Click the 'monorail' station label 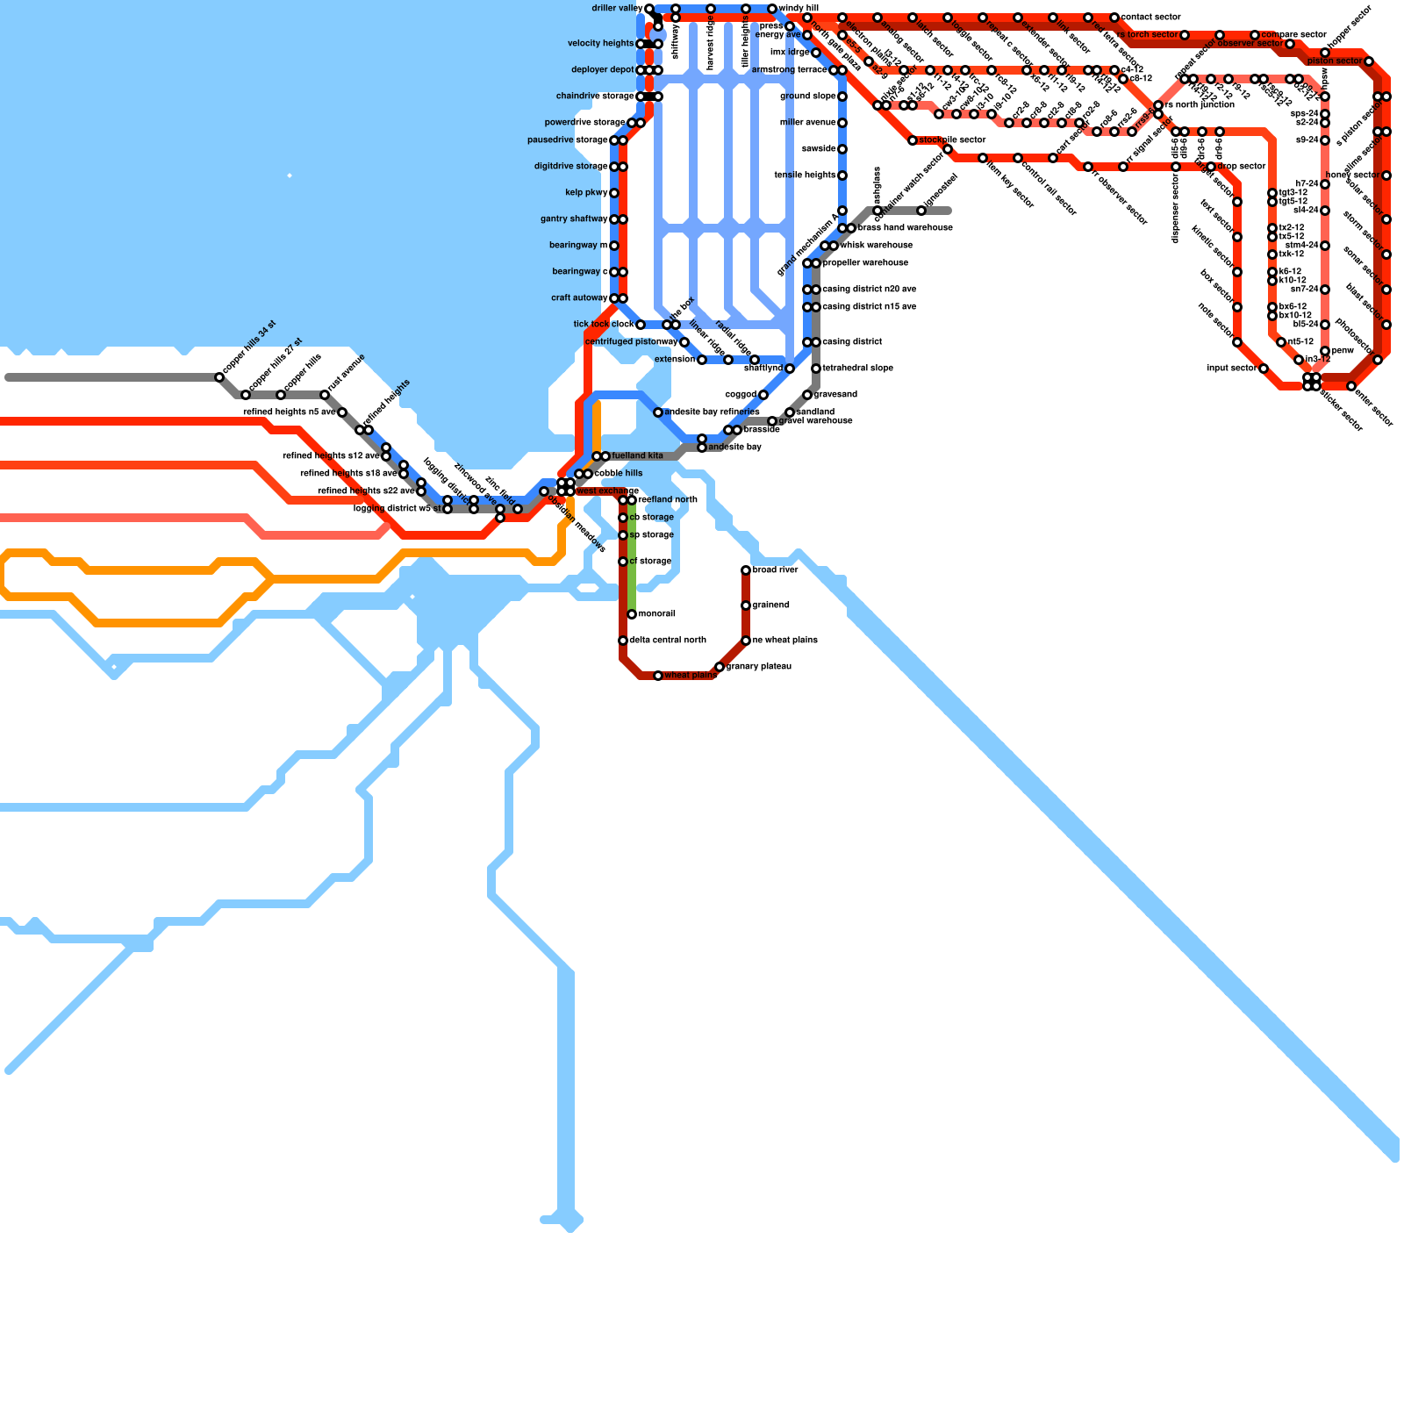(x=656, y=614)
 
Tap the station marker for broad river (x=746, y=570)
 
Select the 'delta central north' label (x=667, y=641)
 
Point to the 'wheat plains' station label (x=690, y=676)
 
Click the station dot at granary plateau (x=720, y=668)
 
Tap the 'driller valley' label (x=617, y=9)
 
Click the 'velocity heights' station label (x=600, y=44)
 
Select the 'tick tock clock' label (x=603, y=325)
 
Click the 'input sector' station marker (x=1264, y=369)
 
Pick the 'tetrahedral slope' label (x=857, y=369)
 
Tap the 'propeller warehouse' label (x=865, y=263)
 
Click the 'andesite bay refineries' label (x=712, y=412)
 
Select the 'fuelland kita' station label (x=637, y=456)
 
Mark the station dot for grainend (x=746, y=605)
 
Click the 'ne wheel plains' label (x=784, y=641)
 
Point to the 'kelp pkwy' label (x=586, y=193)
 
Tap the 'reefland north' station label (x=668, y=500)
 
